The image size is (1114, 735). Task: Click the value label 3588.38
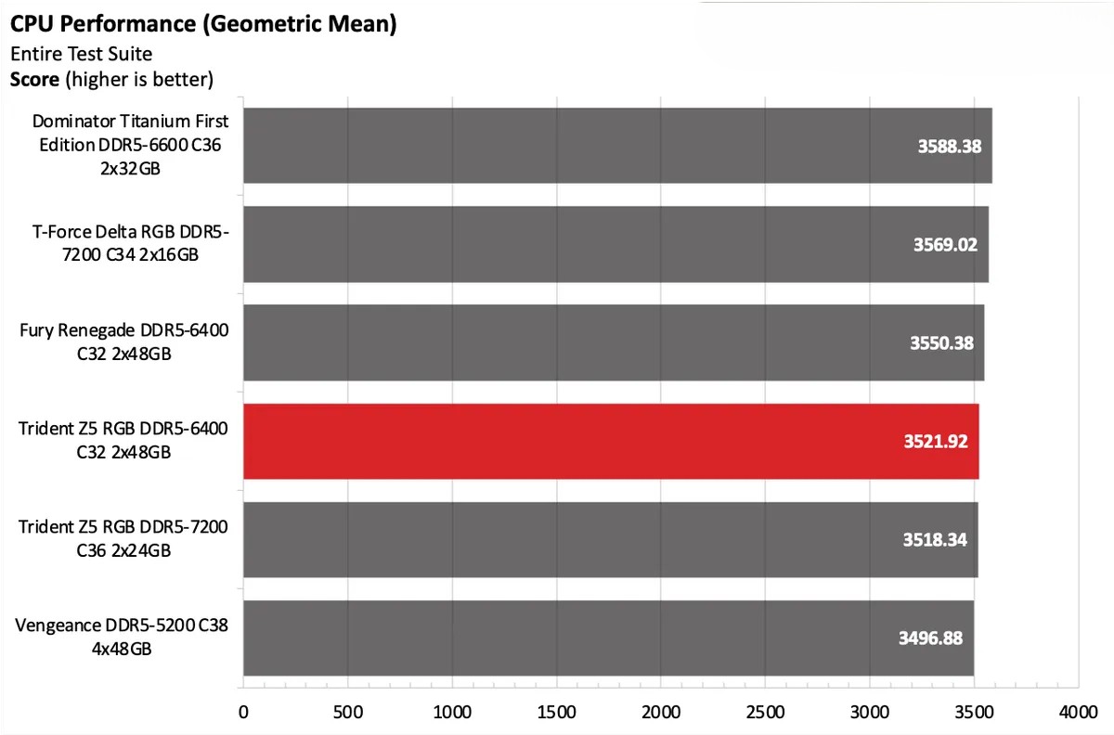tap(947, 146)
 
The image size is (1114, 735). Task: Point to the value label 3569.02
tap(945, 244)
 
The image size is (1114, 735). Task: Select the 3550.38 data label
tap(941, 342)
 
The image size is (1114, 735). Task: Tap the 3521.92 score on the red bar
tap(935, 441)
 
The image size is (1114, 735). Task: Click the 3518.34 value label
tap(934, 539)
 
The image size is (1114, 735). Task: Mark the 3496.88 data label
tap(930, 638)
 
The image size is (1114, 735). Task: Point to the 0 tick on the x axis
tap(243, 713)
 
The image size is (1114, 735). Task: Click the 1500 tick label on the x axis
tap(556, 713)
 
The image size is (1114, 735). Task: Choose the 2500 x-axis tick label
tap(765, 713)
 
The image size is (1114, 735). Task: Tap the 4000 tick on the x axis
tap(1078, 713)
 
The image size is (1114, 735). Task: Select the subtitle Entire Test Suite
tap(81, 54)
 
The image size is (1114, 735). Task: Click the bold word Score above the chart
tap(34, 80)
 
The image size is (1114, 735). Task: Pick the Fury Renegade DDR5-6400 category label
tap(123, 342)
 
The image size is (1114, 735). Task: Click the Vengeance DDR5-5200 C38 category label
tap(122, 637)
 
